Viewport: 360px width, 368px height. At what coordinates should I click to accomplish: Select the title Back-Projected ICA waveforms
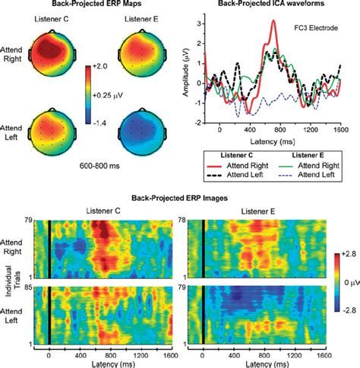pyautogui.click(x=272, y=5)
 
